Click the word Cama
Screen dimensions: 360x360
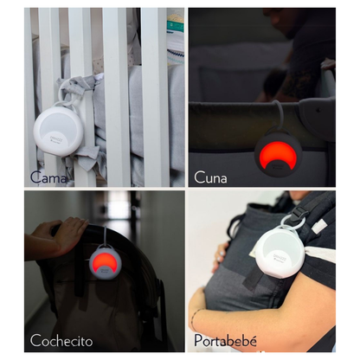click(49, 177)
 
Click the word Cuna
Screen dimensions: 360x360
click(211, 177)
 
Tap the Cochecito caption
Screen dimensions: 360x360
click(61, 340)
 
